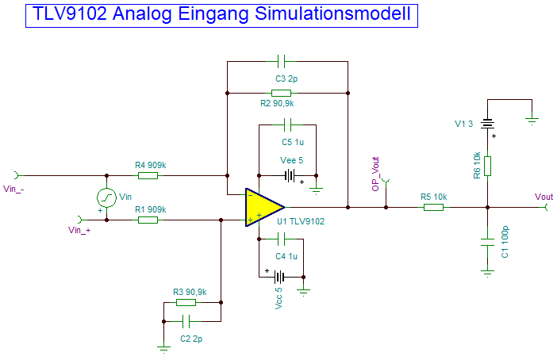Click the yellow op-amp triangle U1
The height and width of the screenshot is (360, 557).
[263, 208]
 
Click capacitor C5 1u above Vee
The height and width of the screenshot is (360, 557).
[288, 124]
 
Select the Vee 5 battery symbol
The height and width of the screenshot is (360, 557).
[291, 175]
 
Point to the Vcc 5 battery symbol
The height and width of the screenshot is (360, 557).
[279, 277]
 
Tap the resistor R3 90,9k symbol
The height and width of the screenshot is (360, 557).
[186, 302]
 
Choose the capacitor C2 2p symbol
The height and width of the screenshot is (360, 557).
[186, 321]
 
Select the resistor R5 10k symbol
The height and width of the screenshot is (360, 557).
[433, 208]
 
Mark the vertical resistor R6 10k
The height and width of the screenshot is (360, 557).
[487, 166]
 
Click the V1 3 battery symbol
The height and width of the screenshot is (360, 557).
[487, 124]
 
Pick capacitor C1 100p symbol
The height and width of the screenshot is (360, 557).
[487, 240]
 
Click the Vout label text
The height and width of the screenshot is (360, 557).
[544, 197]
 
